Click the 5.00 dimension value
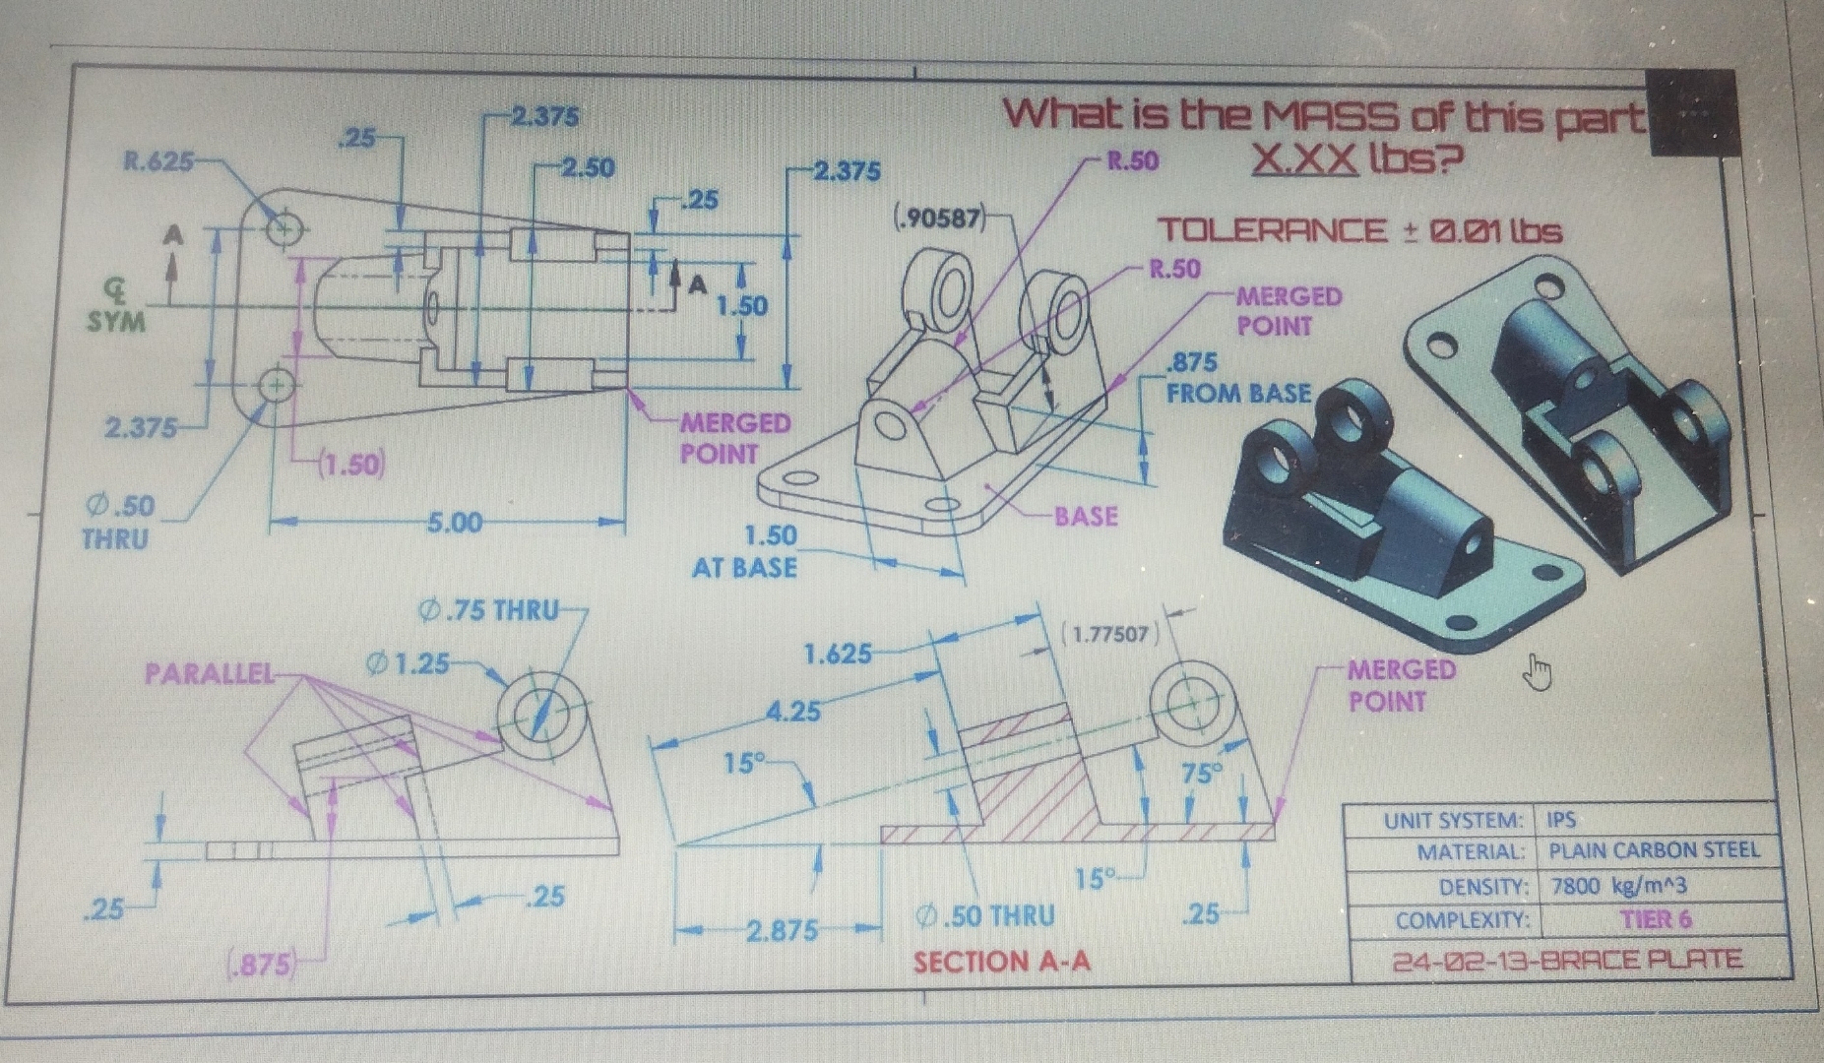[455, 523]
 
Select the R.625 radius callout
[157, 160]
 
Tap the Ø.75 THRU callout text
[489, 610]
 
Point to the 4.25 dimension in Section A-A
[793, 710]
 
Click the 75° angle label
[1201, 773]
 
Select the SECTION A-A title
[1001, 962]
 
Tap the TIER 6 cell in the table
[1656, 919]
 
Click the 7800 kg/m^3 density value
[1619, 885]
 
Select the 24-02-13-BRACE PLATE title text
[1567, 960]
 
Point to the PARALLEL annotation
[209, 673]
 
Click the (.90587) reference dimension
[939, 218]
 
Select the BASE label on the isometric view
[1086, 516]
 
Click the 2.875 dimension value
[782, 930]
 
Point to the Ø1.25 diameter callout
[408, 664]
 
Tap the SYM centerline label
[116, 322]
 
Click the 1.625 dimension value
[837, 654]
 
